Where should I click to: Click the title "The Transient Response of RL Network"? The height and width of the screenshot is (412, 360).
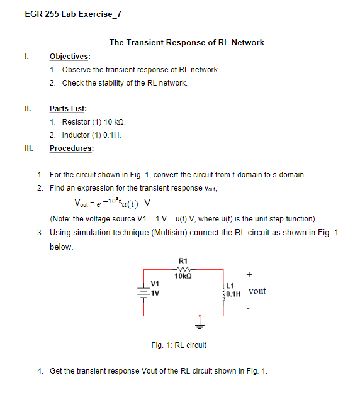[186, 43]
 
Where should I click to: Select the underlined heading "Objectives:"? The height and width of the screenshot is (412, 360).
[69, 57]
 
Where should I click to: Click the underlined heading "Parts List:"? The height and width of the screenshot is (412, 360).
[68, 109]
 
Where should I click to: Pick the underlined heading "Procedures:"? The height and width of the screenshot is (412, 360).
[71, 148]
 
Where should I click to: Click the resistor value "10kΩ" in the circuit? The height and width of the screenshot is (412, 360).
[183, 276]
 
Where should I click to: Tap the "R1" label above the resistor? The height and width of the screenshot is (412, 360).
[183, 260]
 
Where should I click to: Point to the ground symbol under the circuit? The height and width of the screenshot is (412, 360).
[201, 325]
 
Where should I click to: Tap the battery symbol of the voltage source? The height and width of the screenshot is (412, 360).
[144, 291]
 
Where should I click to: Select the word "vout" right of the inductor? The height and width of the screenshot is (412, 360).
[257, 292]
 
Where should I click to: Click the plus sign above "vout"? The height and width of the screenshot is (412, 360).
[250, 275]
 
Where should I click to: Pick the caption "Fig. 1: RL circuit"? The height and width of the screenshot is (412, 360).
[179, 345]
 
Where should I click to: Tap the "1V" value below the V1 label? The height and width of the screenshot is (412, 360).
[155, 292]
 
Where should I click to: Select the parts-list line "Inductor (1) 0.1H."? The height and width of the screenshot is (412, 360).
[91, 135]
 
